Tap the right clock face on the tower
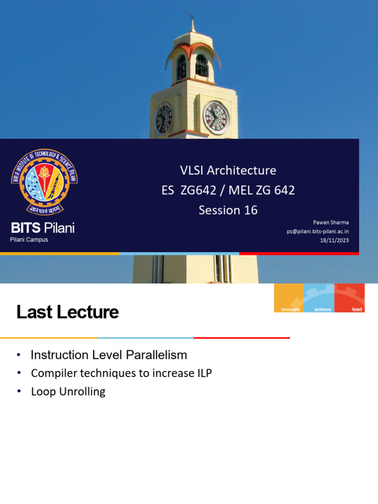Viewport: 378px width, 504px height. point(216,118)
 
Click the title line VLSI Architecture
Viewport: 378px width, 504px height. point(228,170)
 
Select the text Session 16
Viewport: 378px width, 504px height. point(228,210)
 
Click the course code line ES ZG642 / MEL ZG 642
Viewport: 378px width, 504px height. point(228,190)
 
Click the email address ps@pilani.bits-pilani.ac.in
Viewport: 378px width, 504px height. point(318,231)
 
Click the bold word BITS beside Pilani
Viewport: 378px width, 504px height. point(26,228)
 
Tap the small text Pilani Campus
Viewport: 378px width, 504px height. point(29,240)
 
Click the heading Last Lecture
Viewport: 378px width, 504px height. point(67,312)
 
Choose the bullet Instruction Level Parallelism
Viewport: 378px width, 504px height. point(109,355)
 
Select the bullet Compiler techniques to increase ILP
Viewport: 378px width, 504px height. point(121,373)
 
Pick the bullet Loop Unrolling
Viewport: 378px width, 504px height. point(68,392)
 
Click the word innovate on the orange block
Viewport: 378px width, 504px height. point(290,309)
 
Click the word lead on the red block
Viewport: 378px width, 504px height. point(357,309)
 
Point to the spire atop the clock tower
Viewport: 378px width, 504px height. point(192,25)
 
